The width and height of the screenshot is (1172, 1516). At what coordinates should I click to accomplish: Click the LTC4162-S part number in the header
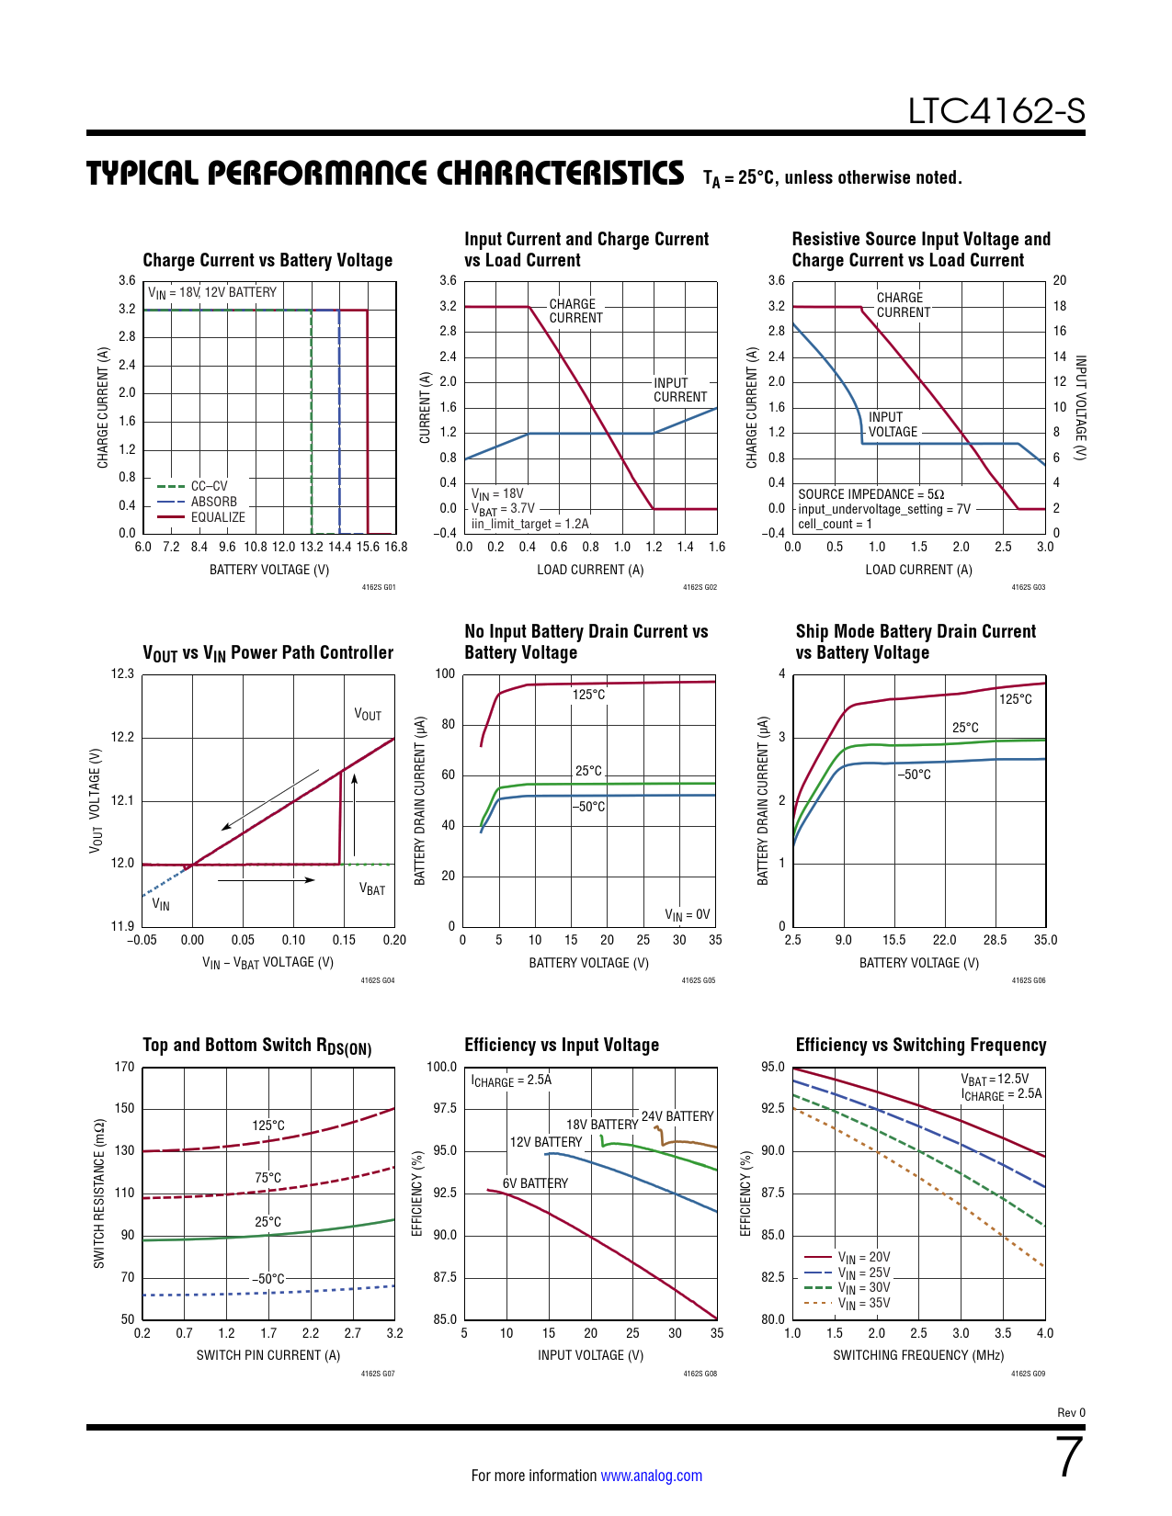(996, 111)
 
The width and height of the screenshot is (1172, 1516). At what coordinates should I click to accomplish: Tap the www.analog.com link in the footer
(651, 1476)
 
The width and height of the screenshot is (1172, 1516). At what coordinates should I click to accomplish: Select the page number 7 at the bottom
(1069, 1457)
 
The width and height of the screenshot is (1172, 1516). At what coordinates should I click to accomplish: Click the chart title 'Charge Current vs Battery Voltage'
(267, 260)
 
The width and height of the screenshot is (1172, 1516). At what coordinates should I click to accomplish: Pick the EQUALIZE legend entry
(218, 517)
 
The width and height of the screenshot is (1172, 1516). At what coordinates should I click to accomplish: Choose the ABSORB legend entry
(213, 502)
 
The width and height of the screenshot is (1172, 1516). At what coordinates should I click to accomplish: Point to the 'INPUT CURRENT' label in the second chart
(680, 390)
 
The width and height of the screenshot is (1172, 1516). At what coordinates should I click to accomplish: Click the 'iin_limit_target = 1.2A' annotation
(530, 524)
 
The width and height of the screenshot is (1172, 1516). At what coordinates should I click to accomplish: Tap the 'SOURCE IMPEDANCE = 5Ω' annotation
(870, 494)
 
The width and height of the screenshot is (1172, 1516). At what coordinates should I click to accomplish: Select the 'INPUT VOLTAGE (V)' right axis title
(1081, 407)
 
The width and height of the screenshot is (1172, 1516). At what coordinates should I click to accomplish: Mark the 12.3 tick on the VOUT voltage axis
(122, 673)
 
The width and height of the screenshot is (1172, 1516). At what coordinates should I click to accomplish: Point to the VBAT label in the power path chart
(372, 889)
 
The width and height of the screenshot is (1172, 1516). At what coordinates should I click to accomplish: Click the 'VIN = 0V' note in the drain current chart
(688, 914)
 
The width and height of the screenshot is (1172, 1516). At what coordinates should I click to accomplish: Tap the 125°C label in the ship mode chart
(1015, 699)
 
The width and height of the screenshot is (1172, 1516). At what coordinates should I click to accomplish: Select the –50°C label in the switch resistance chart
(268, 1279)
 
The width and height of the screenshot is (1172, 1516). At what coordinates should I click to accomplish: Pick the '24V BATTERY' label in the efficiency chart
(677, 1116)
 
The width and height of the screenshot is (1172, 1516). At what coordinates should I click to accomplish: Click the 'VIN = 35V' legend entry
(863, 1303)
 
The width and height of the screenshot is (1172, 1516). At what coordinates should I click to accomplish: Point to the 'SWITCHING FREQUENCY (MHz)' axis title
(918, 1355)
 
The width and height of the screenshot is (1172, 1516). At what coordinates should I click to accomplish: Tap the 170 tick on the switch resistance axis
(124, 1067)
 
